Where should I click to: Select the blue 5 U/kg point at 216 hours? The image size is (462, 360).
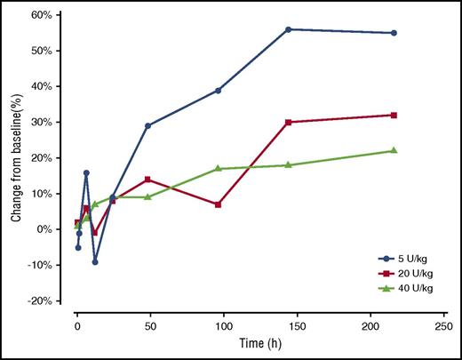point(394,33)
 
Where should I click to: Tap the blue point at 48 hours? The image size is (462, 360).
point(147,125)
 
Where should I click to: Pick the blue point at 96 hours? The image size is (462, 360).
point(218,90)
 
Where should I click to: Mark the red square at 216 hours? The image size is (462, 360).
point(394,115)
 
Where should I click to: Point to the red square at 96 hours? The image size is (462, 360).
point(218,204)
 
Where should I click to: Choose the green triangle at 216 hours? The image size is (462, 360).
point(394,150)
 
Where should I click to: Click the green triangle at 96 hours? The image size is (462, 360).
point(218,168)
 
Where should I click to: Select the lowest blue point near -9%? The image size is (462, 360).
point(95,261)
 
